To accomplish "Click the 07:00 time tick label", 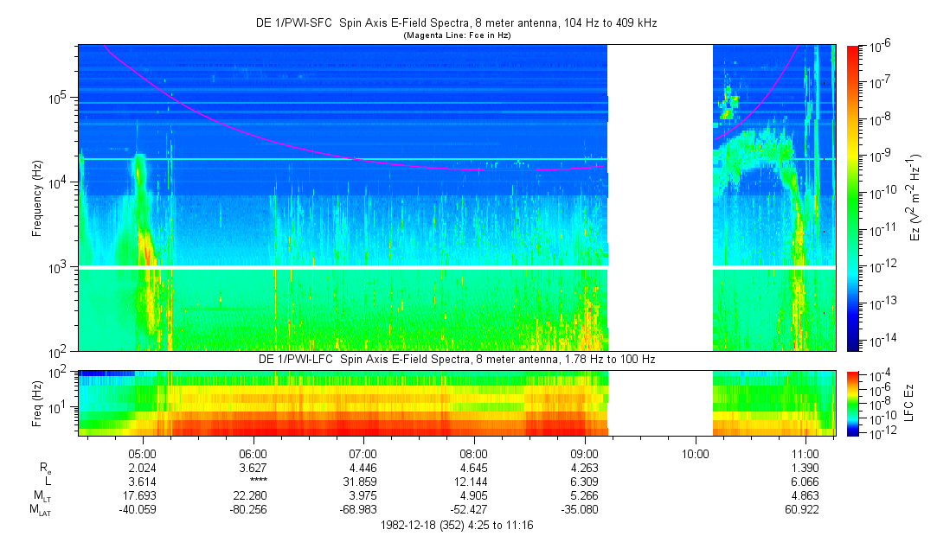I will click(363, 451).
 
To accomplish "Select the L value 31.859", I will click(363, 481).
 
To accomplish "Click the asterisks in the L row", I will click(252, 481).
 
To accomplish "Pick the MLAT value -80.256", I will click(252, 509).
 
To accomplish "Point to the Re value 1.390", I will click(805, 467).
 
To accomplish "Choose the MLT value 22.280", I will click(252, 495).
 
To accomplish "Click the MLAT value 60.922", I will click(805, 509).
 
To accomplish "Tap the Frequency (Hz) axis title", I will click(38, 198).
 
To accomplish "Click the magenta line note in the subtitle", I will click(458, 35).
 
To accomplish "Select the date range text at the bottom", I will click(458, 525).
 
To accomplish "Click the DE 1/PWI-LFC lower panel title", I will click(458, 359).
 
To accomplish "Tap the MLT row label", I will click(42, 495).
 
